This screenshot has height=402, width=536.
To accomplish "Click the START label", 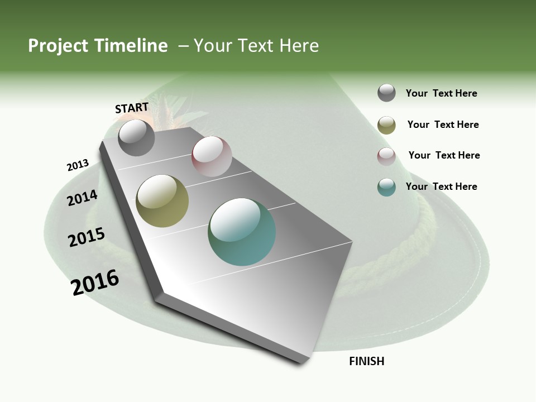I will (132, 108).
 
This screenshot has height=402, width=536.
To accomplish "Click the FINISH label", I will (366, 361).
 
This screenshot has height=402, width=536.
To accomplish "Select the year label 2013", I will (78, 165).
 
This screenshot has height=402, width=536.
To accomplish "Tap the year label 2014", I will (83, 198).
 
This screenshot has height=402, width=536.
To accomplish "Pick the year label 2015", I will (87, 237).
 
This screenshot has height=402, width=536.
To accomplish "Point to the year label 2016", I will (95, 283).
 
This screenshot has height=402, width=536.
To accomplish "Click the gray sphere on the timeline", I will (136, 137).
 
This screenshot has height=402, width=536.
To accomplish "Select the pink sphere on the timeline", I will (212, 156).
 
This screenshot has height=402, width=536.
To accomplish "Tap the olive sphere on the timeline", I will (162, 201).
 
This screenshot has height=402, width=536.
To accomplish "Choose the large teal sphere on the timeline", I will (242, 232).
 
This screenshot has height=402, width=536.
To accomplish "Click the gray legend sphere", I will (386, 93).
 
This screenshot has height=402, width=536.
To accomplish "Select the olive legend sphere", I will (386, 125).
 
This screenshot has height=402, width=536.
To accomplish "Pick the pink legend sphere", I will (386, 156).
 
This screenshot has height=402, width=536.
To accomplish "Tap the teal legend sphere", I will (386, 187).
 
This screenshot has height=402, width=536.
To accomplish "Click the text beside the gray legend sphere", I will (441, 94).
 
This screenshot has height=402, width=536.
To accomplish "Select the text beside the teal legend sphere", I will (441, 186).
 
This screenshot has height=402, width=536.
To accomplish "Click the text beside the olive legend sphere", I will (443, 125).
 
